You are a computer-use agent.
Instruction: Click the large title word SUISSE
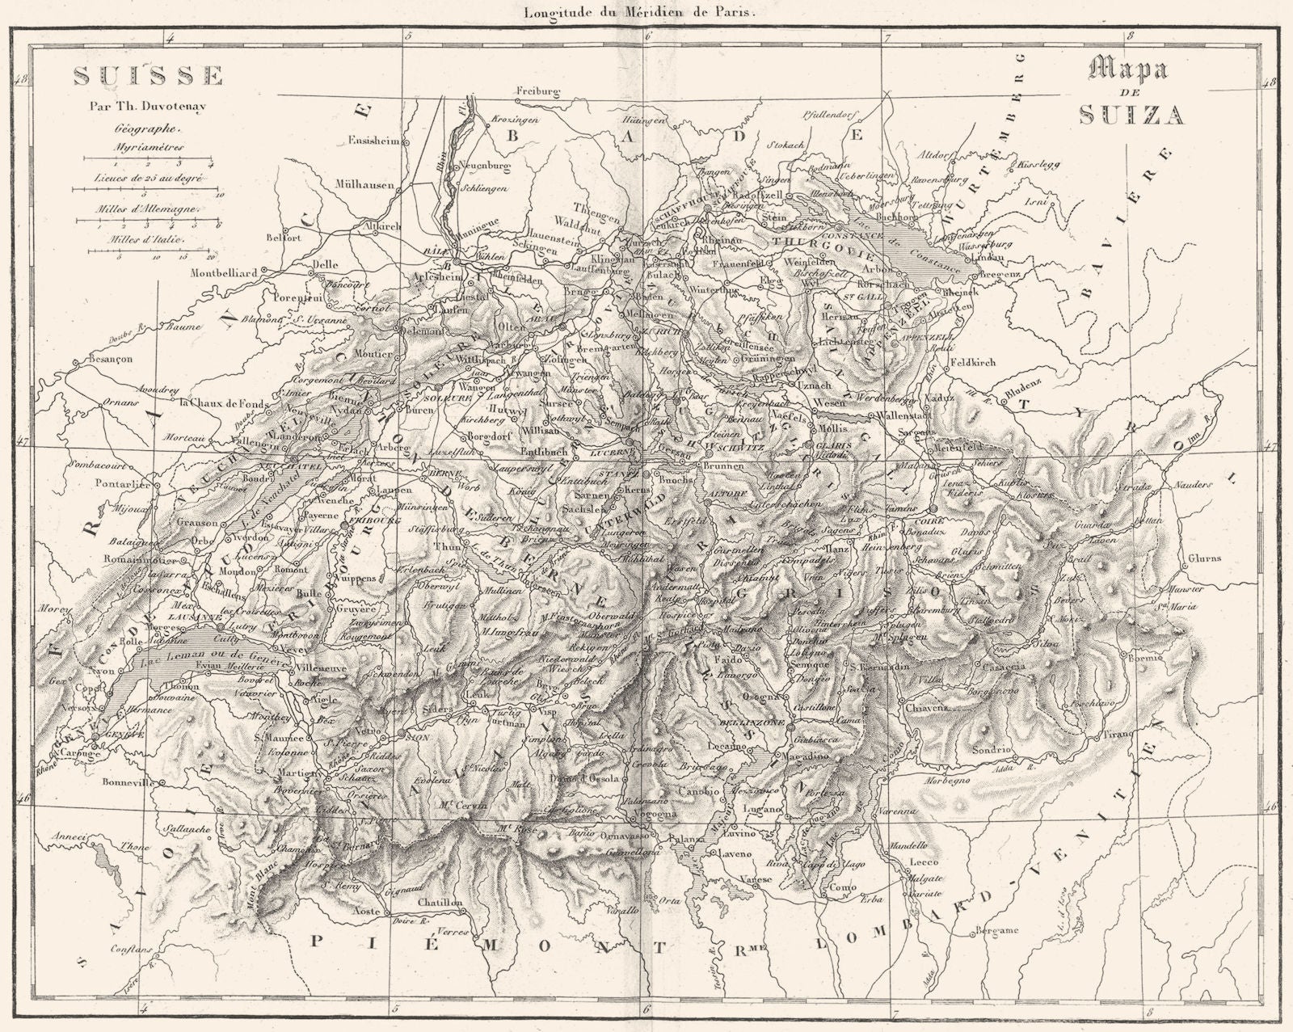[x=149, y=76]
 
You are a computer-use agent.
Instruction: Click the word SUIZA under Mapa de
[x=1131, y=114]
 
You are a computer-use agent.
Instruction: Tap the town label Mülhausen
[x=364, y=183]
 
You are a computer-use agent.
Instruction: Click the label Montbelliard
[x=224, y=273]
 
